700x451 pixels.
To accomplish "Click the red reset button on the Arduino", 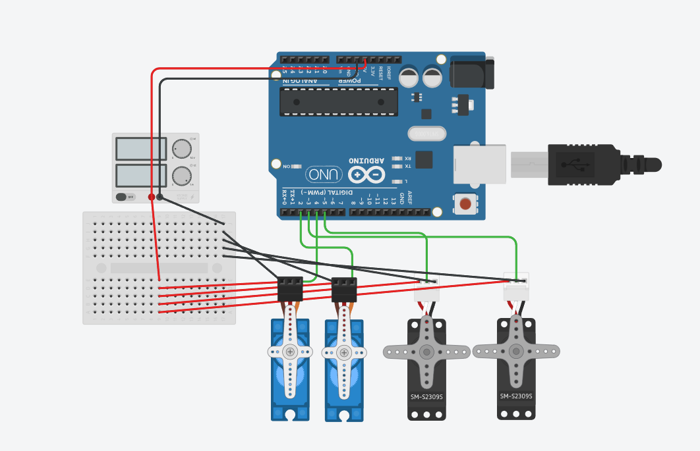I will coord(466,203).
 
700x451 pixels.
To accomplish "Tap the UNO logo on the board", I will coord(324,174).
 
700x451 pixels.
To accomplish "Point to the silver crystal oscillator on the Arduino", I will coord(426,134).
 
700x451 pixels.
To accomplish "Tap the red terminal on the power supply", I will coord(152,197).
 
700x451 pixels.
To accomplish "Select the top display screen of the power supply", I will coord(141,149).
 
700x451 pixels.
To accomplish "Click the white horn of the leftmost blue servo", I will coord(290,354).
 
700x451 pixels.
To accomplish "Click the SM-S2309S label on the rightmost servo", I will coord(516,396).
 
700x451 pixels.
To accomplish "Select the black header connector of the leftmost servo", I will coord(290,289).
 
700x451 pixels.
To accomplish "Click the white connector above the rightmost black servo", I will coord(516,286).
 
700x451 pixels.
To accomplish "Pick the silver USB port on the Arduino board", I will coord(479,164).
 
